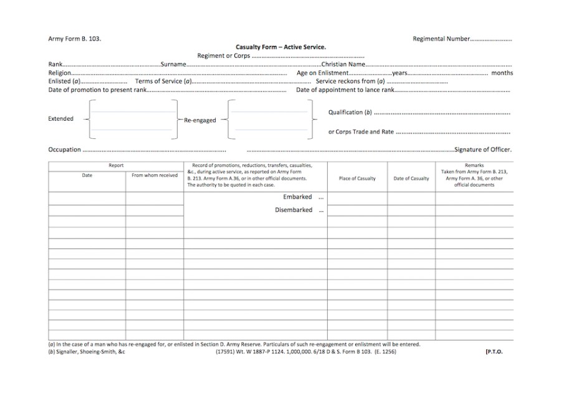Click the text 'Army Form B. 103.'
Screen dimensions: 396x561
[75, 39]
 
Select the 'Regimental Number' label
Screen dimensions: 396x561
[441, 39]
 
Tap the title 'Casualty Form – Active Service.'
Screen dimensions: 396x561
[280, 47]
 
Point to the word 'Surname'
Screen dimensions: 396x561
[173, 64]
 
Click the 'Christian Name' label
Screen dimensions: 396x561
[343, 64]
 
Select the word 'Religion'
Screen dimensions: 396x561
[60, 73]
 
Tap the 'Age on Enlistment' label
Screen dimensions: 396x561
[322, 73]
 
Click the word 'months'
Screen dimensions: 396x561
[502, 73]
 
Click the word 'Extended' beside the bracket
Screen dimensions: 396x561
[60, 118]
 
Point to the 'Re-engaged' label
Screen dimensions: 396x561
[200, 120]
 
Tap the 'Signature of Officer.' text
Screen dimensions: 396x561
[483, 149]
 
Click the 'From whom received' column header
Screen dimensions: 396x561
[155, 176]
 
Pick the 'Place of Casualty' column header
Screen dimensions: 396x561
[357, 179]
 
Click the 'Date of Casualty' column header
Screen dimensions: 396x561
[411, 179]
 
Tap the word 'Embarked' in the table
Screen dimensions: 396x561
[297, 197]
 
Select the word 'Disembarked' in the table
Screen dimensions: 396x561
[294, 210]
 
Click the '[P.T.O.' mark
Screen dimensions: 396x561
[494, 352]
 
